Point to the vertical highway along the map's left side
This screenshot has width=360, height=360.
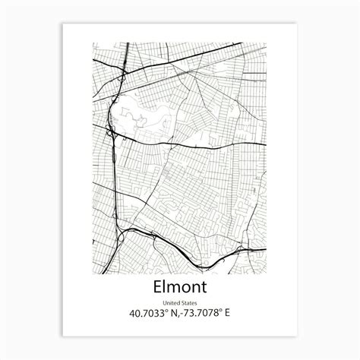[x=115, y=175]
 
